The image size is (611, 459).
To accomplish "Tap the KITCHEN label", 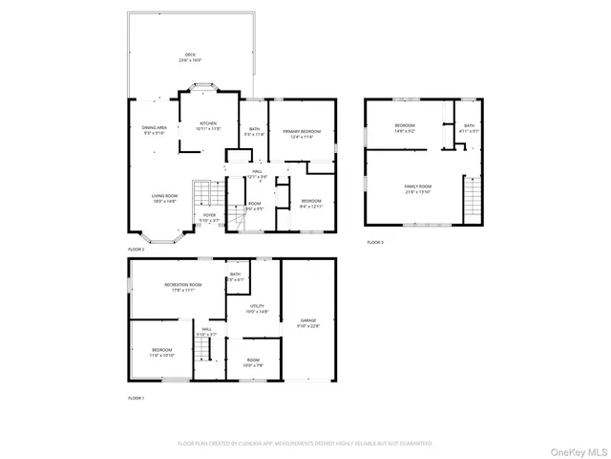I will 208,123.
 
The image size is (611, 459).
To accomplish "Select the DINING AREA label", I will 155,127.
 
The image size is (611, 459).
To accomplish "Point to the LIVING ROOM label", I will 164,195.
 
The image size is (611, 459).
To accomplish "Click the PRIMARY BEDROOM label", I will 301,131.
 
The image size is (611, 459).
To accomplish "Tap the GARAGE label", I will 308,320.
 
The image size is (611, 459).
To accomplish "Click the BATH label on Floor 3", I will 469,126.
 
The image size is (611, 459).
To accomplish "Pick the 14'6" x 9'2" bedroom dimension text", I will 405,131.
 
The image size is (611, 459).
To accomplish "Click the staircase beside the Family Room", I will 471,199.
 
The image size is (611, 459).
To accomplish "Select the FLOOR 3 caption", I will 375,243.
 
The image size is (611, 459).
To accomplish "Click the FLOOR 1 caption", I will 137,397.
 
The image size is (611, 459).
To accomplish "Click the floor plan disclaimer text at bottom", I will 305,443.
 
